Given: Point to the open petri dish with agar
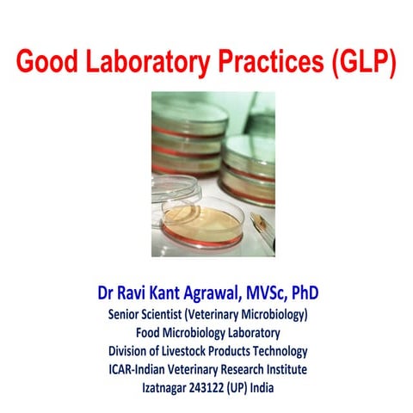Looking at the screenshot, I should (x=202, y=221).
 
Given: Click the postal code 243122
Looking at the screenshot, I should (x=211, y=387).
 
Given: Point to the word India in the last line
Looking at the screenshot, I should (x=265, y=387).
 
